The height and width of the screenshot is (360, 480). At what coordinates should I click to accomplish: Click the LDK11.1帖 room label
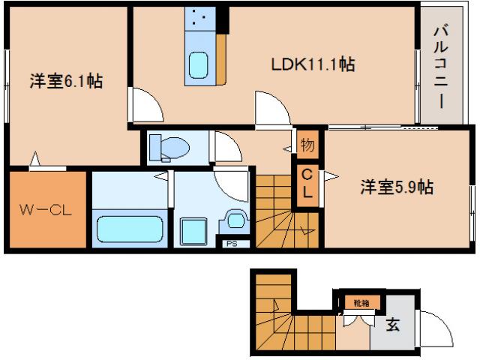pyautogui.click(x=312, y=65)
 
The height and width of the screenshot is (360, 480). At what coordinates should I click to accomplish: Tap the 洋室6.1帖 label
pyautogui.click(x=66, y=82)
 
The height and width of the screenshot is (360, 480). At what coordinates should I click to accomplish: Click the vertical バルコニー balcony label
pyautogui.click(x=440, y=66)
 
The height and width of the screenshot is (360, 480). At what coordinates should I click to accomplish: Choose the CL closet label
pyautogui.click(x=307, y=184)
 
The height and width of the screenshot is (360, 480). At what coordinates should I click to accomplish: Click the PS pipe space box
pyautogui.click(x=231, y=241)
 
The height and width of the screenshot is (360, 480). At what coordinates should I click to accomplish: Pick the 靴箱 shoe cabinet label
pyautogui.click(x=361, y=302)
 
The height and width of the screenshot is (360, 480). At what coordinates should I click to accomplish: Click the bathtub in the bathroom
pyautogui.click(x=130, y=227)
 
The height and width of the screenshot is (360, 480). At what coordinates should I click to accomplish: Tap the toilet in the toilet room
pyautogui.click(x=167, y=148)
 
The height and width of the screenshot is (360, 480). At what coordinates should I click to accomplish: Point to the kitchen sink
pyautogui.click(x=200, y=64)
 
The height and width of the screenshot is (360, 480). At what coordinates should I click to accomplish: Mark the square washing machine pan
pyautogui.click(x=194, y=227)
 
